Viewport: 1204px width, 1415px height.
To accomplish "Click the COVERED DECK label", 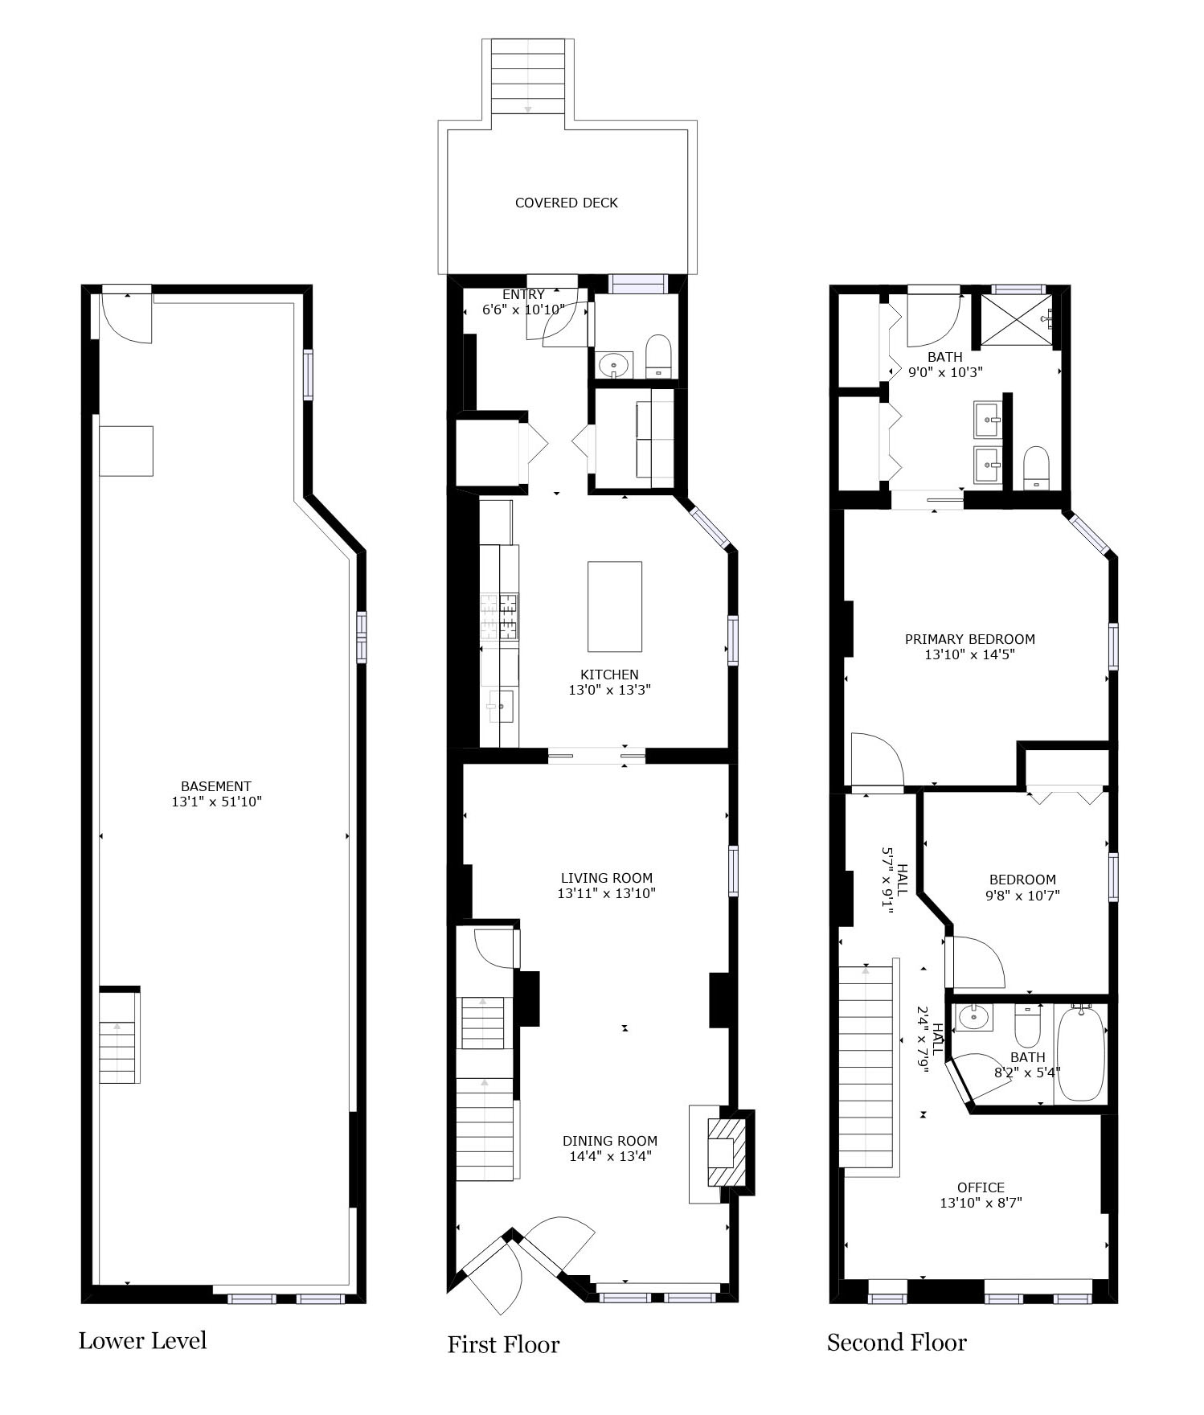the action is point(566,203).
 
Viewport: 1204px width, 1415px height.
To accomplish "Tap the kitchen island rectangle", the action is point(615,606).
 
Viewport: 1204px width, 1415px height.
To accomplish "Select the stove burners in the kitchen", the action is point(499,617).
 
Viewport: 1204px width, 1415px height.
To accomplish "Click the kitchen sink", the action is point(500,706).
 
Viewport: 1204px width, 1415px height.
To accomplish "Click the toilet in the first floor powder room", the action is point(658,356).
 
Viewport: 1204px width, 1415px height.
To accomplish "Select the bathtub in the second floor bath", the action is point(1081,1054).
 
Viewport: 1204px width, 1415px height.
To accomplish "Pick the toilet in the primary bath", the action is point(1037,468).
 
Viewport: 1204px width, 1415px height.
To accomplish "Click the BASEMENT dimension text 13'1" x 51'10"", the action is point(217,802).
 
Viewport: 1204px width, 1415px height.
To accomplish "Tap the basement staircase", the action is point(118,1039).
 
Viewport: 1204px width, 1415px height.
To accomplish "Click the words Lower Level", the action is point(142,1340).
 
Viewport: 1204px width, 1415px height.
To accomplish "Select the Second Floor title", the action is point(897,1342).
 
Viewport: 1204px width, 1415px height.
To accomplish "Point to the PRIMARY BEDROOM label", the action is point(970,639).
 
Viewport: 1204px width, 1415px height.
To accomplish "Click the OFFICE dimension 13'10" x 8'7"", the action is point(981,1204).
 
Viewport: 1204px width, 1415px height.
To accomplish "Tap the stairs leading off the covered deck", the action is point(528,77).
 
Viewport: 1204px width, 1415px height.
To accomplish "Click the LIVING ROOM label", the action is point(607,878).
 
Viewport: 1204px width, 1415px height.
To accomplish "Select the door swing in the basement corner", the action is point(125,319).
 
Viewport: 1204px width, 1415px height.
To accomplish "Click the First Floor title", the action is point(503,1344).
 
